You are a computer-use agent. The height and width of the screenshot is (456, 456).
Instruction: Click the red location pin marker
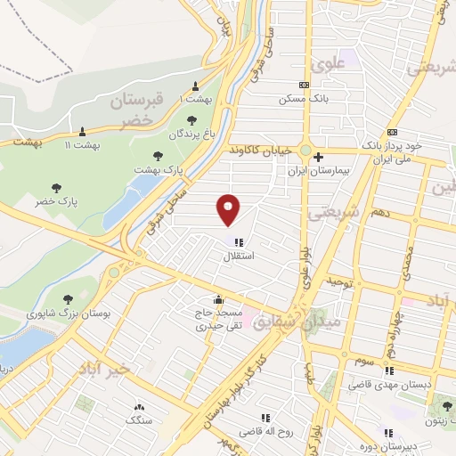pos(230,208)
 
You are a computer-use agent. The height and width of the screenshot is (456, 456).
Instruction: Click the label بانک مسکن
pos(304,99)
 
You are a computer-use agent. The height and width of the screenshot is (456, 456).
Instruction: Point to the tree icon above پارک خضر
pos(57,188)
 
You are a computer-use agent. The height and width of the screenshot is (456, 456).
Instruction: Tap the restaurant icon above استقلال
pos(238,241)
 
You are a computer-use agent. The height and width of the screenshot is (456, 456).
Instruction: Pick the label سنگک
pos(140,419)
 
